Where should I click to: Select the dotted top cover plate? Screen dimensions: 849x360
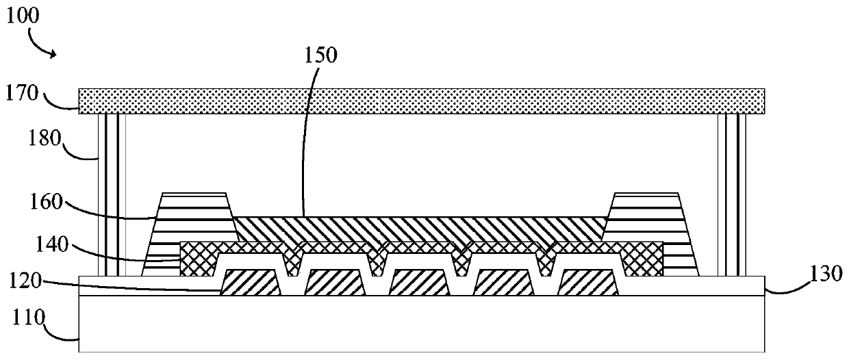422,101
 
